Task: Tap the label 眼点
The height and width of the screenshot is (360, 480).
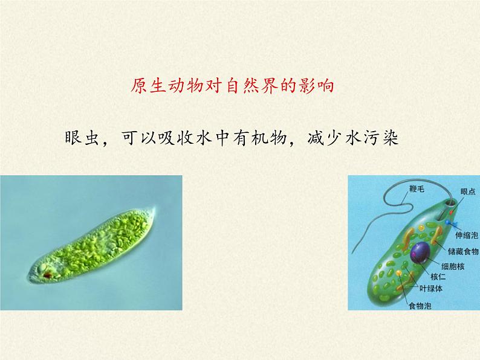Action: [x=467, y=191]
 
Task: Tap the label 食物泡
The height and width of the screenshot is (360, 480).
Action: [x=420, y=306]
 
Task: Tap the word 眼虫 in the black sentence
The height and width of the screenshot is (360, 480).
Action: [x=79, y=136]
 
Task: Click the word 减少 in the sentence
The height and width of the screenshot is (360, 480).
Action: [x=321, y=136]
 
